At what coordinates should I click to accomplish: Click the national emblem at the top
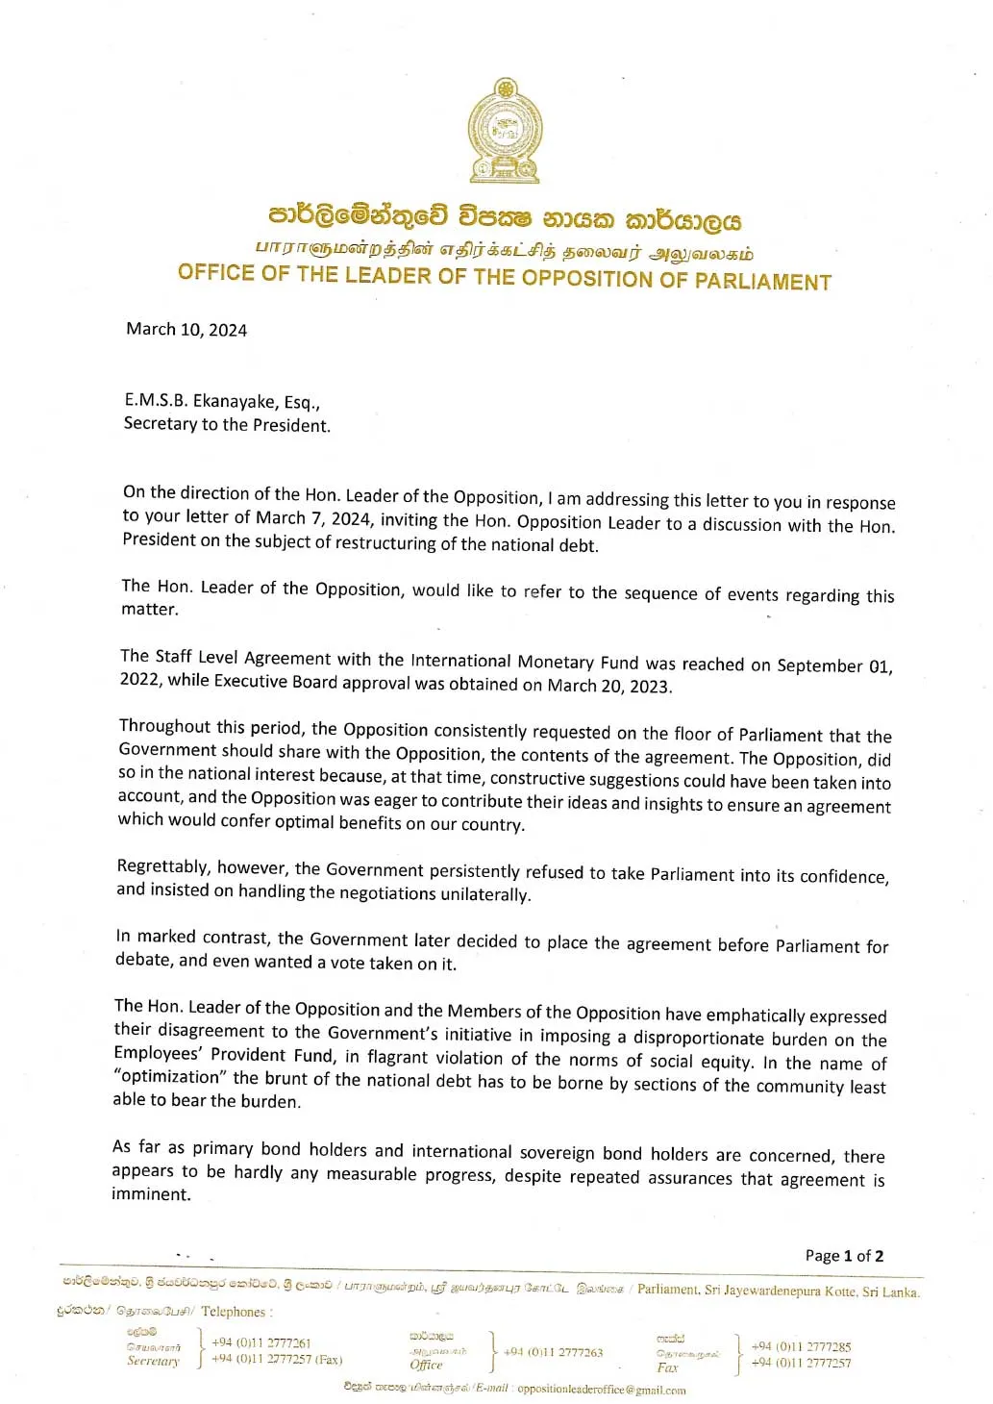coord(505,132)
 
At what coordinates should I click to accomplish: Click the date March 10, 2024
coord(186,330)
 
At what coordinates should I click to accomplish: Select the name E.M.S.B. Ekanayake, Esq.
coord(222,401)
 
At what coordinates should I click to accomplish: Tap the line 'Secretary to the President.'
coord(227,424)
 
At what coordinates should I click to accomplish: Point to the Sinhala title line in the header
coord(505,218)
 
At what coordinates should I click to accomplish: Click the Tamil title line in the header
coord(505,251)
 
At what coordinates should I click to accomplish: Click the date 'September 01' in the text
coord(833,665)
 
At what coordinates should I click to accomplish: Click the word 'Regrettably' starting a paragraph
coord(161,866)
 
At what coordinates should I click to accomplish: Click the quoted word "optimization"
coord(170,1077)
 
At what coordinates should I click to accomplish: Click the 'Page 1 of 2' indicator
coord(844,1256)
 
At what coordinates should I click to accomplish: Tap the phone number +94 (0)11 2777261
coord(261,1342)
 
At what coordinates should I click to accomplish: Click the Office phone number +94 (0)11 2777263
coord(553,1352)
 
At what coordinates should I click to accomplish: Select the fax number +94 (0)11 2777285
coord(801,1346)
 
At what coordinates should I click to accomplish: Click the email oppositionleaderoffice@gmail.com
coord(601,1390)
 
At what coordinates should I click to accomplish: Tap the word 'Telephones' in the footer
coord(234,1312)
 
